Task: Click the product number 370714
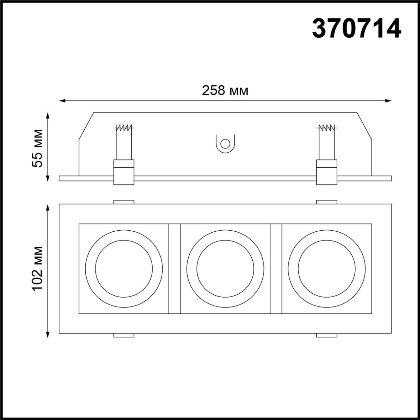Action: pos(356,29)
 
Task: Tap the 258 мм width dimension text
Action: pos(225,91)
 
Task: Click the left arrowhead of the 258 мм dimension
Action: pos(62,101)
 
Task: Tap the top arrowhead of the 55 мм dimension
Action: pos(48,115)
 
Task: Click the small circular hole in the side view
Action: pos(225,144)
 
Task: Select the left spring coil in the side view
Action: pos(124,128)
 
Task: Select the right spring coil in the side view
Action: pos(327,128)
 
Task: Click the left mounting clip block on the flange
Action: pos(124,172)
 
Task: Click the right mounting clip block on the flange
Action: pos(326,172)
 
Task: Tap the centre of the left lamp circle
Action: pos(124,269)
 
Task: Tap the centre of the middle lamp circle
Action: pos(225,269)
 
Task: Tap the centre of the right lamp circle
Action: pos(326,269)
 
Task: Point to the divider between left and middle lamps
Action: pos(174,269)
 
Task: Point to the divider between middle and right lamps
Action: pos(276,269)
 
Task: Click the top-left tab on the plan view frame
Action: pos(124,202)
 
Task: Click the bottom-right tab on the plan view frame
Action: pos(326,335)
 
